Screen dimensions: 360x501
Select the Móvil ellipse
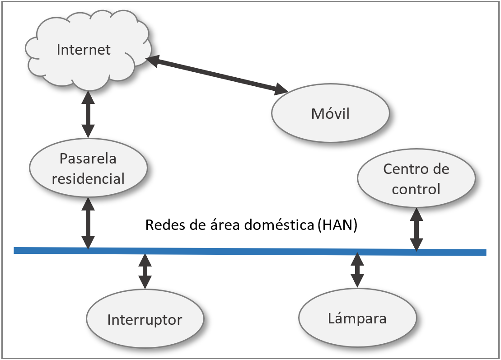coord(330,113)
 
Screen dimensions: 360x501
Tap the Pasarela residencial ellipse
coord(88,168)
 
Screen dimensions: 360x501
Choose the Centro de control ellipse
coord(416,179)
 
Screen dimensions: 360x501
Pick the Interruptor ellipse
coord(145,320)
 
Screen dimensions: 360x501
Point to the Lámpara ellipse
coord(357,318)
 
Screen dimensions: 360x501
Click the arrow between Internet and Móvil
coord(217,75)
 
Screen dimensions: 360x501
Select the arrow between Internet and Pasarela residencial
coord(88,113)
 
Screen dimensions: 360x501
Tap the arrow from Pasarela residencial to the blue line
coord(88,223)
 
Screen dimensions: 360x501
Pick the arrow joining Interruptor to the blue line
coord(145,271)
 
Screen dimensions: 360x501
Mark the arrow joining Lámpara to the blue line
coord(357,270)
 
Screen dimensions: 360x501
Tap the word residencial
coord(88,178)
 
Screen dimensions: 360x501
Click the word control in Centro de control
coord(416,189)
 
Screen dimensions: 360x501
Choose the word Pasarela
coord(88,159)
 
